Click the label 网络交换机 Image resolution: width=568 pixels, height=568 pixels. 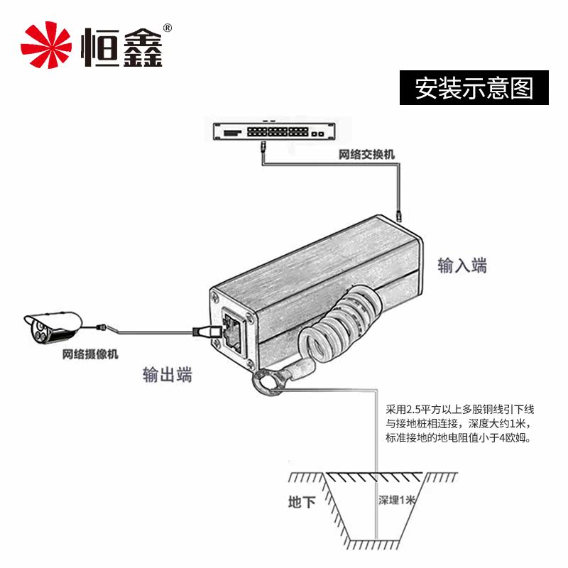366,155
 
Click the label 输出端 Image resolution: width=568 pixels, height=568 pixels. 168,376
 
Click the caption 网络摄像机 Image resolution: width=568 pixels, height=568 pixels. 90,354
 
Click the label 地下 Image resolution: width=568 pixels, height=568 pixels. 302,503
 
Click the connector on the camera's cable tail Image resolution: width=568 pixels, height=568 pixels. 104,327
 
